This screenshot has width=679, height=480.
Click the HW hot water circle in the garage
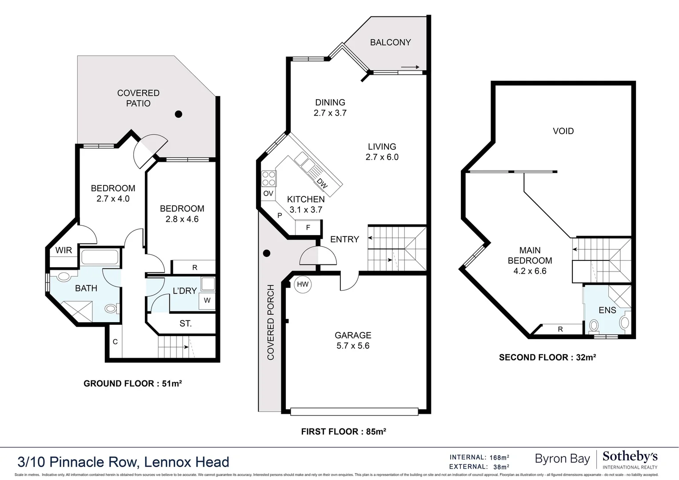[x=303, y=284]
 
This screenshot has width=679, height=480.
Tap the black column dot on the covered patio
[x=179, y=114]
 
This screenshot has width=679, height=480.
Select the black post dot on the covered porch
[x=267, y=253]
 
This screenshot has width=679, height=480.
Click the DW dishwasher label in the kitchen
[x=322, y=183]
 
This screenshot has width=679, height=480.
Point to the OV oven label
[x=268, y=193]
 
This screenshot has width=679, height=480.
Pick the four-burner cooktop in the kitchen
[x=269, y=178]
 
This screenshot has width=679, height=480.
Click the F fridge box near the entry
[x=308, y=228]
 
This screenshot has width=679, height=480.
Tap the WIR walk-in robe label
[x=64, y=250]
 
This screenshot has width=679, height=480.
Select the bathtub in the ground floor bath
[x=100, y=258]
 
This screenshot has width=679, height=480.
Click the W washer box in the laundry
[x=207, y=300]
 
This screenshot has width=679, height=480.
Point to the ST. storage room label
[x=186, y=324]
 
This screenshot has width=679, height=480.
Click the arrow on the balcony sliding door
[x=410, y=67]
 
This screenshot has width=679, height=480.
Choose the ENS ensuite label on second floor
[x=607, y=310]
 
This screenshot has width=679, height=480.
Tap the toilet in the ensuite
[x=594, y=326]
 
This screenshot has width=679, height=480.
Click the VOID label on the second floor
[x=563, y=131]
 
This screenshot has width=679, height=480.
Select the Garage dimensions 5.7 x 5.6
[x=353, y=346]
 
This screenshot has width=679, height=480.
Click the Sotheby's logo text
[x=630, y=457]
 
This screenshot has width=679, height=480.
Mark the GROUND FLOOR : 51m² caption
[x=133, y=384]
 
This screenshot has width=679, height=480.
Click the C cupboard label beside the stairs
[x=115, y=342]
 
